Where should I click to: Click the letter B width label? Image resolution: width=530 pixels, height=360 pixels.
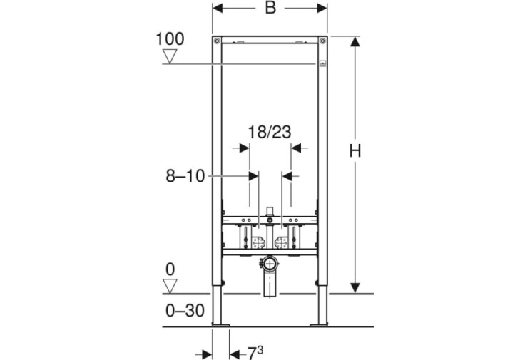tap(270, 7)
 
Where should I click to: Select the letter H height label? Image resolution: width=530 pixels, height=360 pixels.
tap(355, 150)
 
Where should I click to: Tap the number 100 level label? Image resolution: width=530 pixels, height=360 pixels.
tap(170, 38)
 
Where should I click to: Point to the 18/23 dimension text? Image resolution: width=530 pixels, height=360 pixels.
tap(270, 132)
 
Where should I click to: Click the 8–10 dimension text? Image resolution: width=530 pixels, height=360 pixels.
tap(185, 176)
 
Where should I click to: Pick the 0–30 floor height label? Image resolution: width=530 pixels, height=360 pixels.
tap(185, 310)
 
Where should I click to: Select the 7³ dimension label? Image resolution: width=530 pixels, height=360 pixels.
tap(255, 354)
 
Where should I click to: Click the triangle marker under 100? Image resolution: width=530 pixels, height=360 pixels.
tap(170, 56)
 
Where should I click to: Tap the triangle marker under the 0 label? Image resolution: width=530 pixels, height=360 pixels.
tap(170, 286)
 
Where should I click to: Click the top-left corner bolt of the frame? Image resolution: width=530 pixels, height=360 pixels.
tap(217, 41)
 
